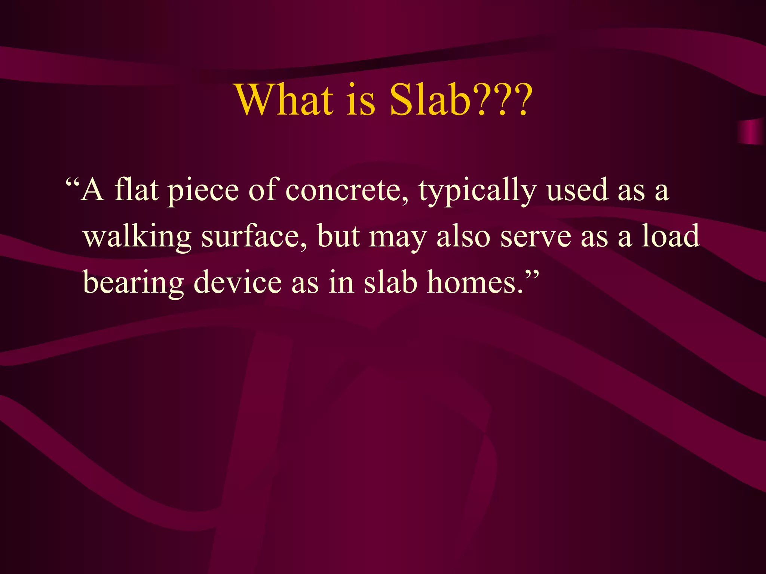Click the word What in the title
point(284,100)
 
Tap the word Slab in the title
point(430,100)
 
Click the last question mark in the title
point(521,100)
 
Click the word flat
point(136,189)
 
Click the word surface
point(254,236)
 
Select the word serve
point(536,237)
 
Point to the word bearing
point(133,283)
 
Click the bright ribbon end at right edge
point(752,132)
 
